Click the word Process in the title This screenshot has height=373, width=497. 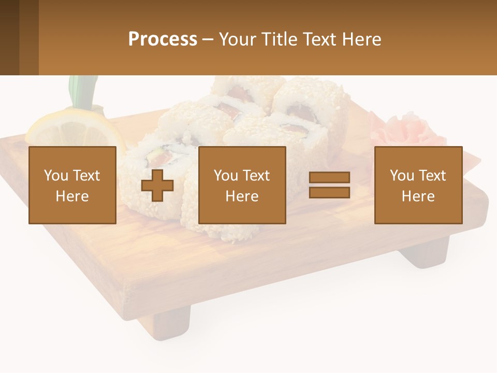pyautogui.click(x=163, y=39)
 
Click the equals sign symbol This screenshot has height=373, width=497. pyautogui.click(x=329, y=185)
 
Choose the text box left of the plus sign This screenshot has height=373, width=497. pyautogui.click(x=72, y=185)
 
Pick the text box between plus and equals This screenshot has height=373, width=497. pyautogui.click(x=242, y=185)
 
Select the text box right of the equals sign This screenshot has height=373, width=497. pyautogui.click(x=418, y=185)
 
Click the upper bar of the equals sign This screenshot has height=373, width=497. pyautogui.click(x=329, y=178)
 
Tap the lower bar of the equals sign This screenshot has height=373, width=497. pyautogui.click(x=329, y=192)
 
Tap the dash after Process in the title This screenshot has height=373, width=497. pyautogui.click(x=208, y=40)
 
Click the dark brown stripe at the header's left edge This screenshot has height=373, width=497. pyautogui.click(x=9, y=37)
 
